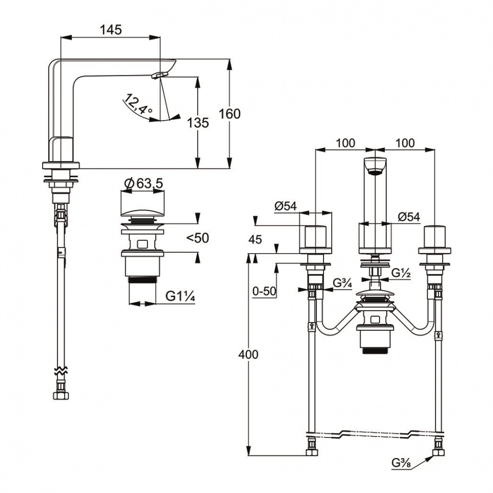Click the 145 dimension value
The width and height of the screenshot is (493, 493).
111,30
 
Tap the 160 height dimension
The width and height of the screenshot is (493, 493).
229,113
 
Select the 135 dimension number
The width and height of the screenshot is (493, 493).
198,123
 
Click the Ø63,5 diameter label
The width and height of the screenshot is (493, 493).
144,182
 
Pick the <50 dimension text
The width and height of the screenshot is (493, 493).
198,238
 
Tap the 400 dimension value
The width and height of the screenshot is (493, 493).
249,354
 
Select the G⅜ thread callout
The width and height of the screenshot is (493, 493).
402,462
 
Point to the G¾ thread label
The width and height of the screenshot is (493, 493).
342,282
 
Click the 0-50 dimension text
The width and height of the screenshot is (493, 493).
264,291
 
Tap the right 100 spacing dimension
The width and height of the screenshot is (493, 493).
406,143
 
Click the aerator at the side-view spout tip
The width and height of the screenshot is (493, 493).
160,75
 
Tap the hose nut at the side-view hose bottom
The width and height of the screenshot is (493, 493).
61,395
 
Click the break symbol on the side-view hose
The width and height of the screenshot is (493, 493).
61,371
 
